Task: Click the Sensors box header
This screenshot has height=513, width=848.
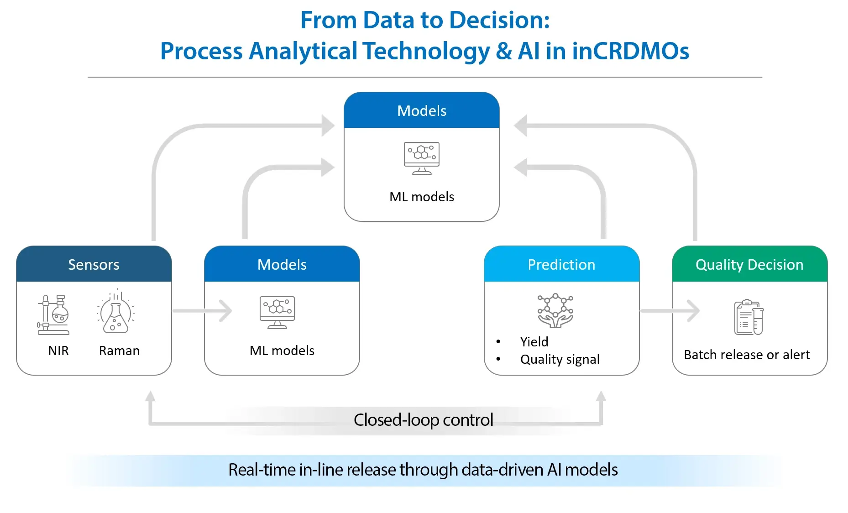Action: pyautogui.click(x=94, y=264)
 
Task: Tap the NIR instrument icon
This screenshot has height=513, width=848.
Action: pyautogui.click(x=53, y=315)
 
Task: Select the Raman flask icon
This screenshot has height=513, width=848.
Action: pyautogui.click(x=116, y=312)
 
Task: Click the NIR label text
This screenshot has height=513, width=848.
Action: pyautogui.click(x=58, y=351)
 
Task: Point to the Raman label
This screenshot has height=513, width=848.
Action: pyautogui.click(x=119, y=351)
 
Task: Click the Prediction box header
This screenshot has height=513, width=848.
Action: pyautogui.click(x=561, y=264)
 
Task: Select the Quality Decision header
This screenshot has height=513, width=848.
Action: pyautogui.click(x=749, y=264)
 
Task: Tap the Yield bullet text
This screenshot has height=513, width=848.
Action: pyautogui.click(x=534, y=341)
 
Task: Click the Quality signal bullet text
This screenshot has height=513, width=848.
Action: pyautogui.click(x=560, y=359)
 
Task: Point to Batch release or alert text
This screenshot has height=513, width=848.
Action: pyautogui.click(x=747, y=355)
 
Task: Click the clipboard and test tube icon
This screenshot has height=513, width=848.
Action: pyautogui.click(x=749, y=318)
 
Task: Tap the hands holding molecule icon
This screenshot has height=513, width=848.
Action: pyautogui.click(x=555, y=310)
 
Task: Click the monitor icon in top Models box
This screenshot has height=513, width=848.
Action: pyautogui.click(x=422, y=158)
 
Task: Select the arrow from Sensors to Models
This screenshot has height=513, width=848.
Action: pyautogui.click(x=203, y=311)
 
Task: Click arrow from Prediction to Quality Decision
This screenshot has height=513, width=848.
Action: pyautogui.click(x=670, y=311)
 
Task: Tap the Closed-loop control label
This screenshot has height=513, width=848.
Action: pyautogui.click(x=423, y=419)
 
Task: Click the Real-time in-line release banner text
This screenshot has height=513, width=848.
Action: pyautogui.click(x=423, y=470)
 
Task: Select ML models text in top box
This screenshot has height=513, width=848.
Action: pyautogui.click(x=422, y=197)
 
